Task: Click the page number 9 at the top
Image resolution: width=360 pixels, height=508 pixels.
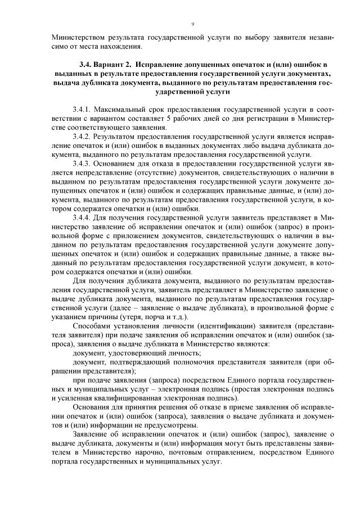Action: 193,24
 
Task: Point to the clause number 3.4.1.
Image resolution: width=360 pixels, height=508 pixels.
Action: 82,108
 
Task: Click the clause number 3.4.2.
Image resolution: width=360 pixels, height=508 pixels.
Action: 82,136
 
